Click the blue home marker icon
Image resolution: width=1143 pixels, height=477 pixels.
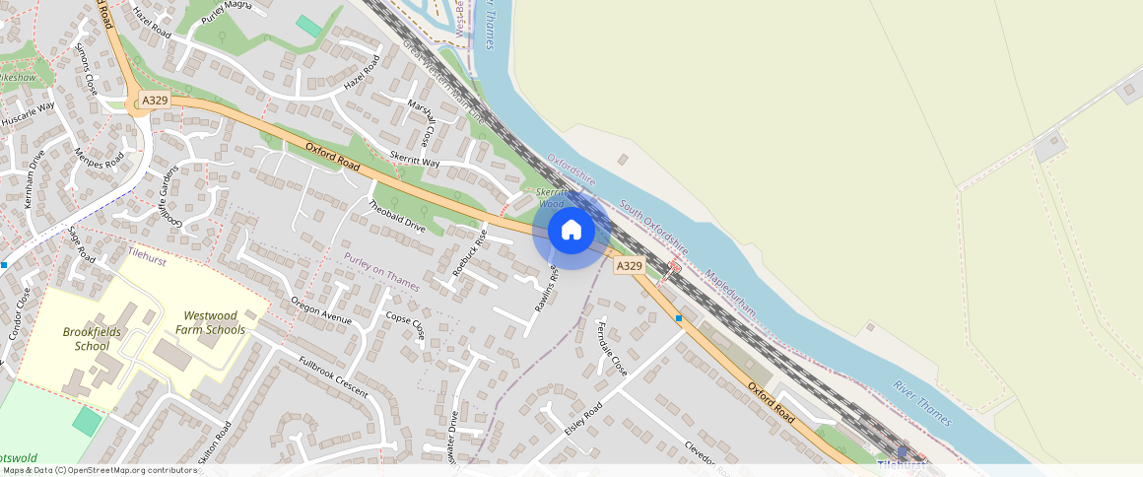pos(571,231)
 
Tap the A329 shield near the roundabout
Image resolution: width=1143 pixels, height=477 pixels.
pos(154,101)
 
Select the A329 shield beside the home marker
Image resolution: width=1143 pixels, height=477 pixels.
pos(629,266)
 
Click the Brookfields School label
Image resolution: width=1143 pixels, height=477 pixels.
pos(92,339)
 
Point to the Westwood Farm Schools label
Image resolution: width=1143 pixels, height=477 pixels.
pos(214,322)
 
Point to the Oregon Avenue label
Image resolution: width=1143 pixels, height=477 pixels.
pos(320,310)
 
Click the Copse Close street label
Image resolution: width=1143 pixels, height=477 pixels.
pos(405,325)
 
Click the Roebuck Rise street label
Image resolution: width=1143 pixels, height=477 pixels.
pos(470,251)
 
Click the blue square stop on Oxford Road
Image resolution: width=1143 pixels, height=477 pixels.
pos(679,317)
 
